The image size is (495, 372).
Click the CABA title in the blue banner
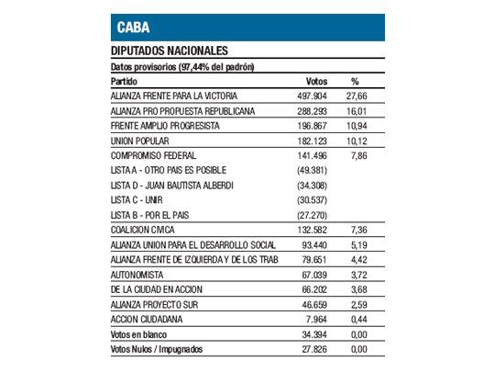point(134,27)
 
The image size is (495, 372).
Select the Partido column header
point(125,80)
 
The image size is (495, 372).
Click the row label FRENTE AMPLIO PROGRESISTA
point(168,125)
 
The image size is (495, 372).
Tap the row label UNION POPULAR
point(138,141)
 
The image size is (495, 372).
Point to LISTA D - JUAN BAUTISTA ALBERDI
point(172,185)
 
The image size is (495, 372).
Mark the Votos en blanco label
point(140,334)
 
